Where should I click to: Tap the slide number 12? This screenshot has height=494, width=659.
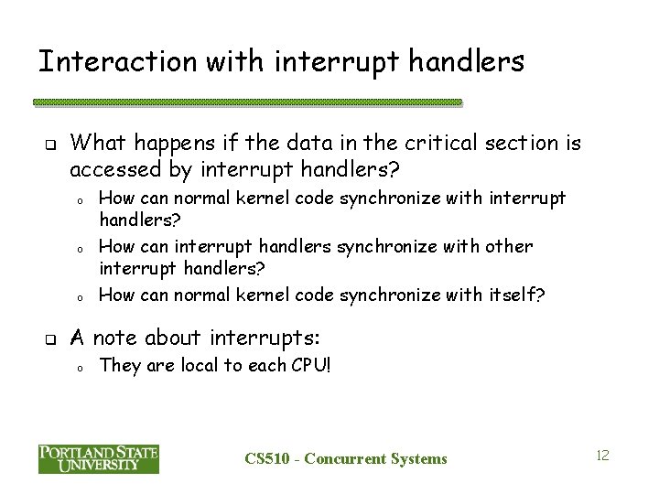click(x=602, y=455)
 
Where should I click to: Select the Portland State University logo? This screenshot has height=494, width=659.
click(x=99, y=458)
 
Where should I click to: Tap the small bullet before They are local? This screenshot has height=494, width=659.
click(x=81, y=368)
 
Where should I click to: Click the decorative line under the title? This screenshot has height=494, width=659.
click(x=248, y=102)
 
